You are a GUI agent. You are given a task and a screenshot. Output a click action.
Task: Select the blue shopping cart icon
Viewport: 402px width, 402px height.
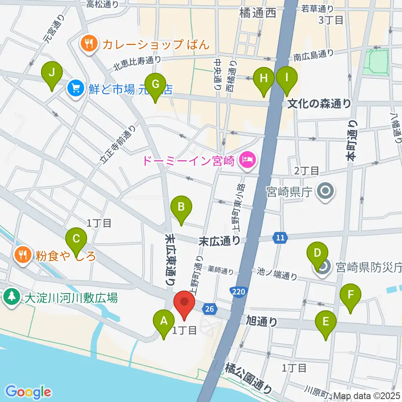click(x=75, y=88)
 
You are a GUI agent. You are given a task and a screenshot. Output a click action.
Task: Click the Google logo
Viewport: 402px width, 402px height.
click(x=28, y=392)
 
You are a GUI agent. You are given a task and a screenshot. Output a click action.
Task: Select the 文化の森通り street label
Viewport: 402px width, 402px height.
click(x=320, y=103)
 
